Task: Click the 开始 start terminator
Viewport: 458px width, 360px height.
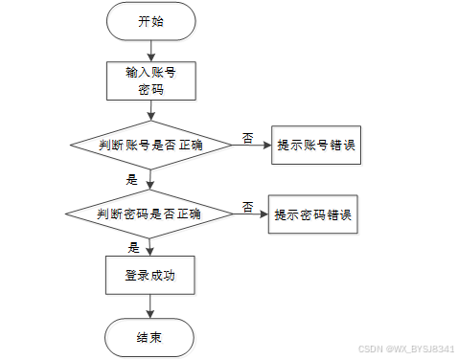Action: (x=150, y=21)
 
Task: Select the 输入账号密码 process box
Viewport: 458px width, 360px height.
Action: (x=151, y=81)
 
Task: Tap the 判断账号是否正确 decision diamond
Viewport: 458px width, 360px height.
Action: (x=151, y=145)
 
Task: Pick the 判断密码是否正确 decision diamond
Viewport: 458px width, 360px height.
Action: (x=149, y=214)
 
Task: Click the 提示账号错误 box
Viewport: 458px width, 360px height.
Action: (x=316, y=146)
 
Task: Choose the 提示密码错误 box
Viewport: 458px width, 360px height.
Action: (x=313, y=214)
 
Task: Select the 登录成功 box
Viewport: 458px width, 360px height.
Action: (x=150, y=275)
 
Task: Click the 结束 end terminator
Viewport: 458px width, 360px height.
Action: (x=149, y=337)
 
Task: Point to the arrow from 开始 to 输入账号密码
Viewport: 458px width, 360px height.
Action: (x=150, y=51)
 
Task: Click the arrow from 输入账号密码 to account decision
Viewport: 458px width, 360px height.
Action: (x=151, y=110)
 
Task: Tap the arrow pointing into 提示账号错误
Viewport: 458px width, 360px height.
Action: (x=252, y=146)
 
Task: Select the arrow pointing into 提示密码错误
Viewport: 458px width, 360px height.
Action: (x=251, y=214)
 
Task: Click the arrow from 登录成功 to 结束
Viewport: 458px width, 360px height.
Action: (x=149, y=306)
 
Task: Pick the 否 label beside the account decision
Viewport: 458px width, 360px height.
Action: (x=248, y=138)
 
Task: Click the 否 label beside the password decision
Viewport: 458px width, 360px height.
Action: (x=248, y=207)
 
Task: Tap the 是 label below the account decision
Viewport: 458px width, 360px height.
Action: (x=132, y=180)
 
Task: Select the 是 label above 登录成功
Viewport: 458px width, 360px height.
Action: (x=134, y=248)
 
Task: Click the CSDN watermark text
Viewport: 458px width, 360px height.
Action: (x=406, y=349)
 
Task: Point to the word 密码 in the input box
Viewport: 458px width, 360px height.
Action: (x=151, y=90)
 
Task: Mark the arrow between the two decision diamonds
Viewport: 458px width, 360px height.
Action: (x=150, y=180)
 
